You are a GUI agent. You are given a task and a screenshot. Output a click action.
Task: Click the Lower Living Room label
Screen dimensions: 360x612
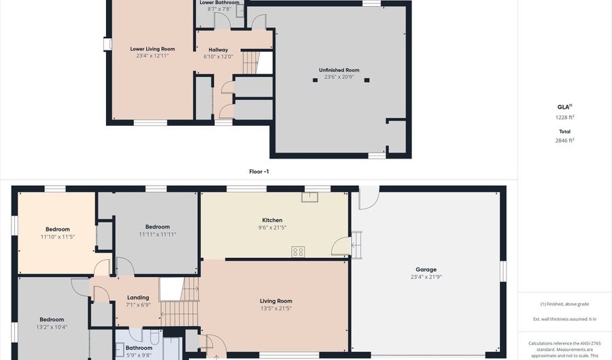[x=152, y=49]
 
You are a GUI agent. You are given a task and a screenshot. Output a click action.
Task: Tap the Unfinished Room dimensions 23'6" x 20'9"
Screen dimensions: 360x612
[x=339, y=77]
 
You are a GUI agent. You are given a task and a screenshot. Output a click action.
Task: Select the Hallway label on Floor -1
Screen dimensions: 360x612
[x=218, y=50]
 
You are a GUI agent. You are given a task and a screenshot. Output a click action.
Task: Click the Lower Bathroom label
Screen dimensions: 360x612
[x=219, y=3]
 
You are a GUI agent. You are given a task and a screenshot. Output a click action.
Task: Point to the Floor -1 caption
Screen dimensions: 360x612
[x=258, y=171]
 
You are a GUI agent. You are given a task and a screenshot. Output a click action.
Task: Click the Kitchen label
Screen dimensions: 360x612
[x=272, y=220]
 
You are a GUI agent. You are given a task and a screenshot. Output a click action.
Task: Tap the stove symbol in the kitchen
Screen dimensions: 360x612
[x=298, y=252]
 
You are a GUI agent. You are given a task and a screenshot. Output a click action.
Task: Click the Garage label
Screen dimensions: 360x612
[x=426, y=269]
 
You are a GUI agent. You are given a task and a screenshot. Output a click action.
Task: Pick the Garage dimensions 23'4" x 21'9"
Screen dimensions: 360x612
[x=426, y=277]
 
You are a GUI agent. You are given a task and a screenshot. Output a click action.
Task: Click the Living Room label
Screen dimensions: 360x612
[x=275, y=301]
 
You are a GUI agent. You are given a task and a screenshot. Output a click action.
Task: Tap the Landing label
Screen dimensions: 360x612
[x=138, y=297]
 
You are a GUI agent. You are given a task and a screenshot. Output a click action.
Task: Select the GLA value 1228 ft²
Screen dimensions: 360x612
[x=564, y=117]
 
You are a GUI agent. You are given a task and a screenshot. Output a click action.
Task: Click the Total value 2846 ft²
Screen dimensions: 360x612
[x=564, y=140]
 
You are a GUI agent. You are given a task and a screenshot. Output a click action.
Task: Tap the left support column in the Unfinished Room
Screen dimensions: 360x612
[x=315, y=80]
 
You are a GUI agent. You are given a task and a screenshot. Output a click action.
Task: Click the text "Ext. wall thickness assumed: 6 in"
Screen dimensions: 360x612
[x=564, y=319]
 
